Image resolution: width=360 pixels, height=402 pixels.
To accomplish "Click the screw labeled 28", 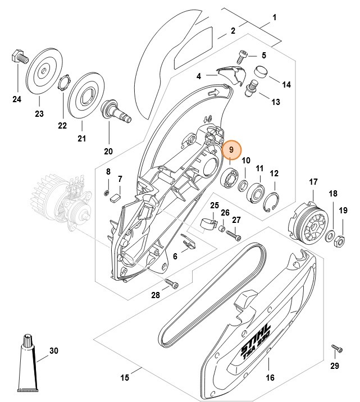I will point(171,285).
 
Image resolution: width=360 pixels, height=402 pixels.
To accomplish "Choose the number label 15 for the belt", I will point(124,376).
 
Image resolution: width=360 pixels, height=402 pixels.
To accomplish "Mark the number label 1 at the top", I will point(274,17).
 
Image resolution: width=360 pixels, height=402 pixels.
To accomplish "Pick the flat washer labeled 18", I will point(331,233).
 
